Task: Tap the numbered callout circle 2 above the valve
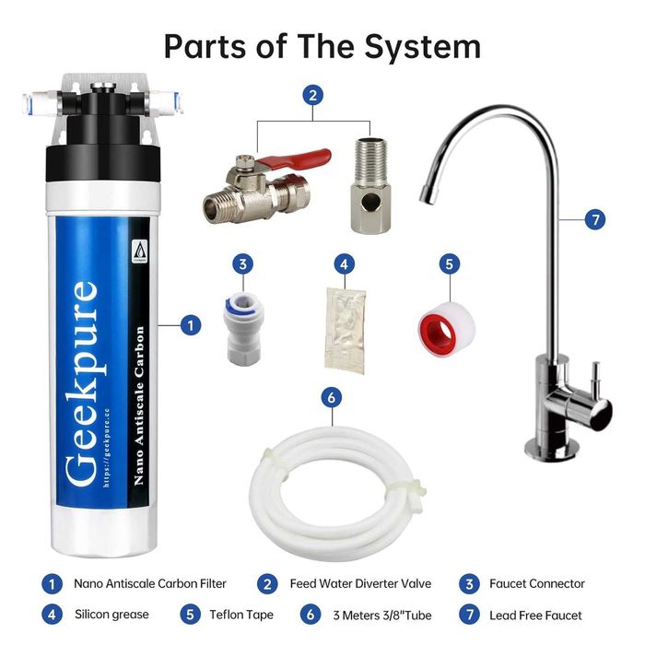[x=314, y=94]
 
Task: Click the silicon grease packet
[x=345, y=330]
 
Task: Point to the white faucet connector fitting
[x=241, y=326]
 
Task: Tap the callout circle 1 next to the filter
[x=191, y=325]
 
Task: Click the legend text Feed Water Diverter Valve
[x=354, y=583]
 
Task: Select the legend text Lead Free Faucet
[x=535, y=615]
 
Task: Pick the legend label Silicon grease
[x=111, y=615]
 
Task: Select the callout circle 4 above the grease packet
[x=344, y=265]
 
